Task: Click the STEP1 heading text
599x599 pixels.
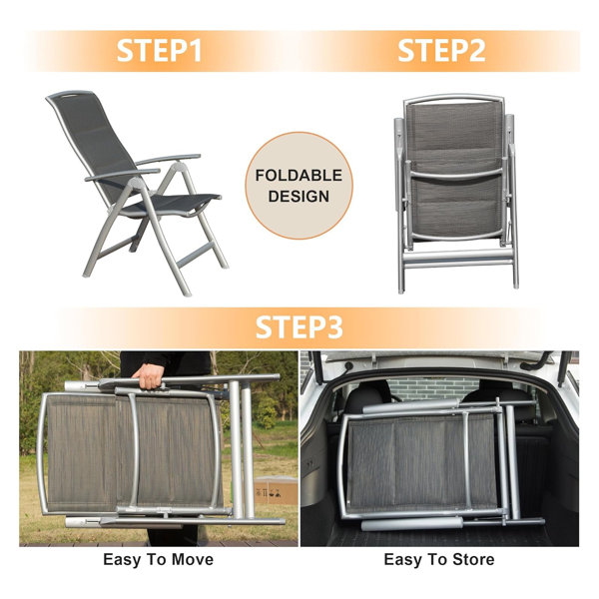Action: [159, 51]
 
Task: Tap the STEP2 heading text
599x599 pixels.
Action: [441, 51]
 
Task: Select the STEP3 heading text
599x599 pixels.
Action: [299, 327]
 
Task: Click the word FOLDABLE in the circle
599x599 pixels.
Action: [299, 176]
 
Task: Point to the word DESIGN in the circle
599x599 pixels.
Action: [299, 196]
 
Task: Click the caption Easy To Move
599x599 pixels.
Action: [158, 560]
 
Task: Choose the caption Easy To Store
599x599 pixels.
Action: [439, 560]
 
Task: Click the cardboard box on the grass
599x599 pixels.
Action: [276, 490]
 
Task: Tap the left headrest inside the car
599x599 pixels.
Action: [366, 400]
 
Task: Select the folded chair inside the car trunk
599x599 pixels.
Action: [441, 463]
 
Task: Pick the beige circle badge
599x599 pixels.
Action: [299, 186]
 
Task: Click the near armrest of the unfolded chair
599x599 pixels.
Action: [122, 175]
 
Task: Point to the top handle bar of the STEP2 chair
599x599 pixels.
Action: [454, 98]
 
